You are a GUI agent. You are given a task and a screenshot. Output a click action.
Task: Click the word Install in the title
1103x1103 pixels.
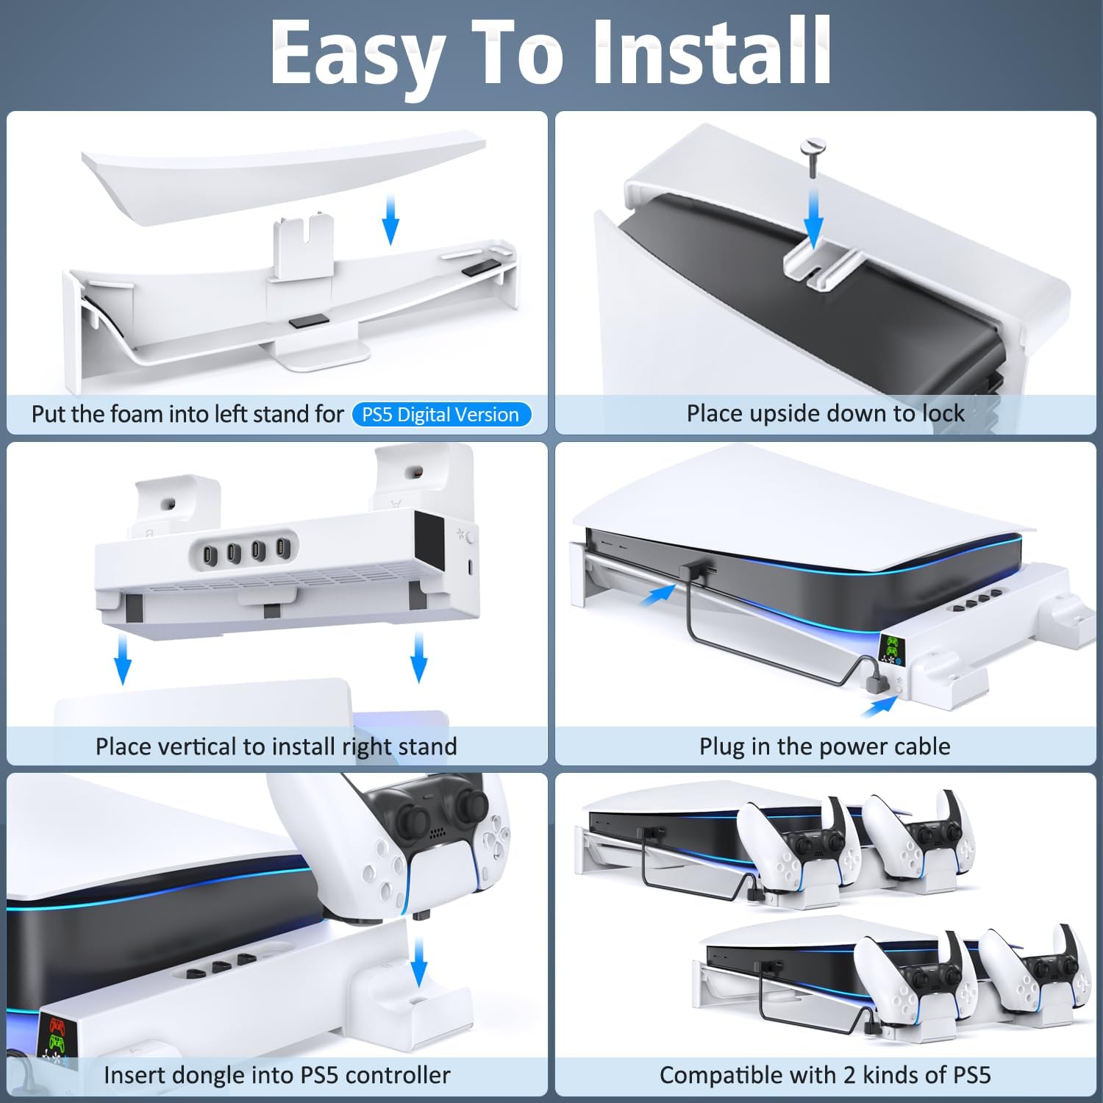coord(712,53)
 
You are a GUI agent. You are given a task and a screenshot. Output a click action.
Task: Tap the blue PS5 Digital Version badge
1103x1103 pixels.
coord(440,415)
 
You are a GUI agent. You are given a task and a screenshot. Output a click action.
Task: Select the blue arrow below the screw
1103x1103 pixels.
coord(813,218)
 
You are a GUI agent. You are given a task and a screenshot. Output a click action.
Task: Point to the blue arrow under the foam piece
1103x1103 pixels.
coord(390,219)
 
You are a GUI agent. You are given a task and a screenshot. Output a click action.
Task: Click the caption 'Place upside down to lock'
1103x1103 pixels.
coord(825,413)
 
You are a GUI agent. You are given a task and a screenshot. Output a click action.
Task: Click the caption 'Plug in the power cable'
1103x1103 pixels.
coord(824,746)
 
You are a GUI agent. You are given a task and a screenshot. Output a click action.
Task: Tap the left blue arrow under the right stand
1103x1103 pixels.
coord(123,660)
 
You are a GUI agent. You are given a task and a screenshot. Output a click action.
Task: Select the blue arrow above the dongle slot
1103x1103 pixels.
coord(418,961)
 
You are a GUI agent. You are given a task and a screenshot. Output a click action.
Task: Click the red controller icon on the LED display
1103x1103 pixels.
coord(57,1027)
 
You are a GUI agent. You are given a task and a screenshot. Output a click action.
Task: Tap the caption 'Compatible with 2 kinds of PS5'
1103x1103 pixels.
coord(824,1075)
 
